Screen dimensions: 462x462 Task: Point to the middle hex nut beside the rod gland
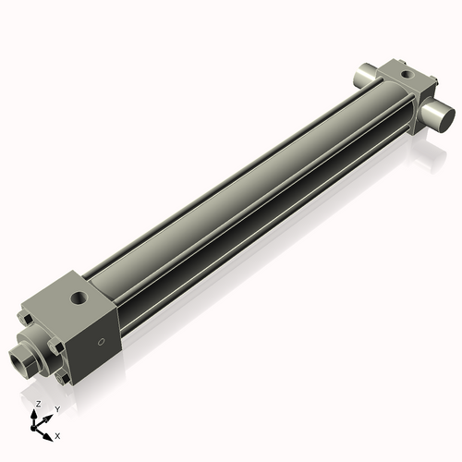click(55, 349)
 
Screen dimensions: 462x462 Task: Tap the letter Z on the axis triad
click(38, 405)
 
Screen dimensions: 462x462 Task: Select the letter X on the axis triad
click(58, 433)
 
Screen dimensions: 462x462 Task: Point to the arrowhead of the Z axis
click(37, 413)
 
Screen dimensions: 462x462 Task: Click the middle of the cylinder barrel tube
click(249, 194)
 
